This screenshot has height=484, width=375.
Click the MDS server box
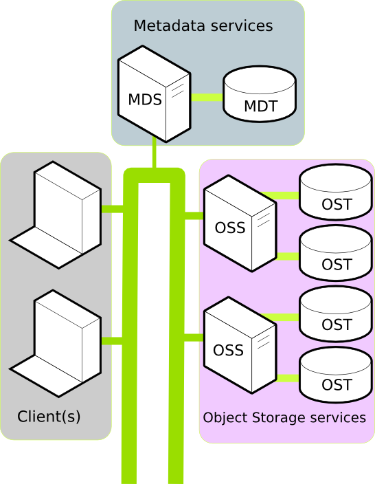click(155, 94)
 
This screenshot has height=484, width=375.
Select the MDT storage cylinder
click(260, 93)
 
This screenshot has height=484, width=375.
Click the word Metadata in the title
click(170, 25)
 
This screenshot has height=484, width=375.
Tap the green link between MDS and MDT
click(207, 98)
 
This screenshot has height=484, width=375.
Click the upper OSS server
click(240, 223)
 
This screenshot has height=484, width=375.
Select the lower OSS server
click(240, 345)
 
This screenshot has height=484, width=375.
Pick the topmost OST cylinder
click(336, 192)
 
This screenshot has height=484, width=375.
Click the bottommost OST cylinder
click(336, 375)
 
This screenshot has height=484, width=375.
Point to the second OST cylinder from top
click(336, 253)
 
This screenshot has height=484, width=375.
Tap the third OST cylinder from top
click(336, 313)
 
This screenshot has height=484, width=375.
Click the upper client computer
click(56, 214)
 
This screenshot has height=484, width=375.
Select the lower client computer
click(56, 343)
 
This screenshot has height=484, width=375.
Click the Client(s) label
click(49, 417)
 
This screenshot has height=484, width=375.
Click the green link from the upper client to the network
click(112, 209)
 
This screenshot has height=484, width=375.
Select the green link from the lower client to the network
click(112, 341)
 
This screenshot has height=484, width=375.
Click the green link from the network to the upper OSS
click(194, 215)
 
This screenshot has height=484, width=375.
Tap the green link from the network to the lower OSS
click(194, 338)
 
